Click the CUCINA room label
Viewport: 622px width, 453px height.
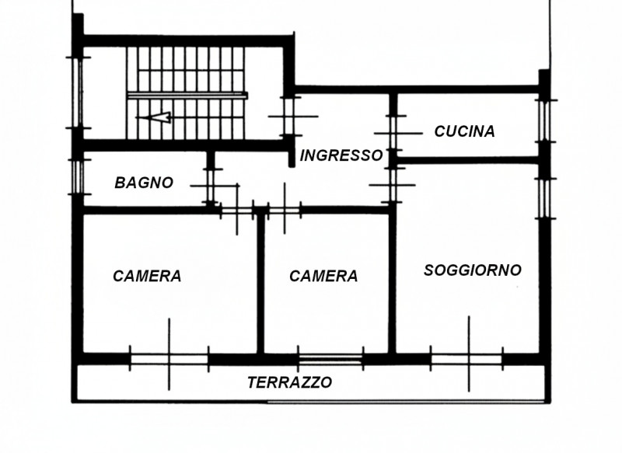(464, 131)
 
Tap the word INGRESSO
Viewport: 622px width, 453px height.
(341, 155)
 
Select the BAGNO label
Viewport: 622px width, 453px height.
(144, 183)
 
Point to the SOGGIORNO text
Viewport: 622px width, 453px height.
(472, 270)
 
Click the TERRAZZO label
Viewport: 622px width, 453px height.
(289, 382)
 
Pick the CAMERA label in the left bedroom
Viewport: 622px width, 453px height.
(147, 276)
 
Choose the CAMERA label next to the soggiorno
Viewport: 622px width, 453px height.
(323, 276)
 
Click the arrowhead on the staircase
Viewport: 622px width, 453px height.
(159, 118)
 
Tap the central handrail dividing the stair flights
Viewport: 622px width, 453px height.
(187, 96)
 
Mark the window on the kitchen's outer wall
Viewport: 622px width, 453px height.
(544, 120)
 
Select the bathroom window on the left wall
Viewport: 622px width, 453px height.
(77, 176)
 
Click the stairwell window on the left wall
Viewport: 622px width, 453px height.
(77, 93)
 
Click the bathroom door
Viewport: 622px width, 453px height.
(210, 186)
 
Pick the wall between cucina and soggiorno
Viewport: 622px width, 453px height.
(466, 160)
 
